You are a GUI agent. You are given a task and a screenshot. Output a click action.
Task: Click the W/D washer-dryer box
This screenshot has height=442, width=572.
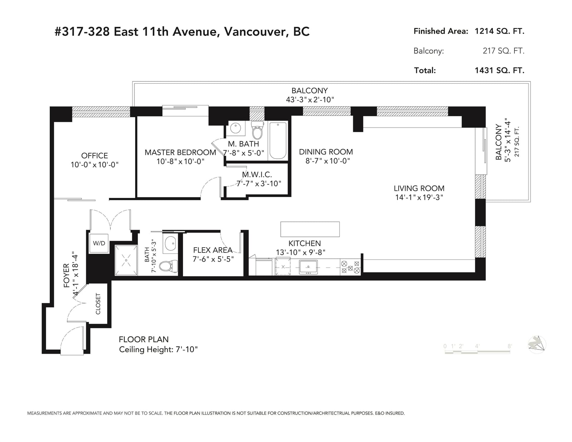[x=99, y=243]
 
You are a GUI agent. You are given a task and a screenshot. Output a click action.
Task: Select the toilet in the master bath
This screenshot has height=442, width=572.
[x=257, y=130]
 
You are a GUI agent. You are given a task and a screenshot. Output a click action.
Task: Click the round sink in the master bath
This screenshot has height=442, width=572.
[x=235, y=128]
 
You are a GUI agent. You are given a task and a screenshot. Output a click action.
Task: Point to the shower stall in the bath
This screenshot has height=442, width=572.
[x=126, y=260]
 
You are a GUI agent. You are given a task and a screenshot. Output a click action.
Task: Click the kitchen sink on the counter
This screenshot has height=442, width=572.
[x=308, y=267]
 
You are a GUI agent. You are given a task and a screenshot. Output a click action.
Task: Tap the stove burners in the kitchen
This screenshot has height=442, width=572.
[x=350, y=267]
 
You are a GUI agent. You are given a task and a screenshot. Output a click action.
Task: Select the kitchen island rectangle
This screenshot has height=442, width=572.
[x=310, y=229]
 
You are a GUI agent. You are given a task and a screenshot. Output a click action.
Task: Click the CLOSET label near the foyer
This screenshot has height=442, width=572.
[x=98, y=304]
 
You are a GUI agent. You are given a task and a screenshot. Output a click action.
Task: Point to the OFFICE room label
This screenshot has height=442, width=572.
[x=94, y=155]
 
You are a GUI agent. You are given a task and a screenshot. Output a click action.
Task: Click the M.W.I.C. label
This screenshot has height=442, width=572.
[x=257, y=174]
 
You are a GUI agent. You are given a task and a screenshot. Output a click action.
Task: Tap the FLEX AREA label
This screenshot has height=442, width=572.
[x=213, y=250]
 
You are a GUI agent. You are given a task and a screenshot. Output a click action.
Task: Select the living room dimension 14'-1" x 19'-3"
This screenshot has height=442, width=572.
[x=419, y=197]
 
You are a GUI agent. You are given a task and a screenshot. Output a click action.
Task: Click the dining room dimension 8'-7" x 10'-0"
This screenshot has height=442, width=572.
[x=327, y=161]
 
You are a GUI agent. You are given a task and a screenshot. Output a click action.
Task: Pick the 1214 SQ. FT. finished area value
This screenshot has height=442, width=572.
[x=499, y=31]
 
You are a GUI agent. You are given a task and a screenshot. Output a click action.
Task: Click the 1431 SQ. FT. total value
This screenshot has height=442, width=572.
[x=499, y=70]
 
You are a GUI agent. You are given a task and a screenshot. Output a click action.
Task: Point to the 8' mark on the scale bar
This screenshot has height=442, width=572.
[x=509, y=346]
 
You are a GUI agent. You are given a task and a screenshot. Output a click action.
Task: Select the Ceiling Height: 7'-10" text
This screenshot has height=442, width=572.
[x=158, y=349]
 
